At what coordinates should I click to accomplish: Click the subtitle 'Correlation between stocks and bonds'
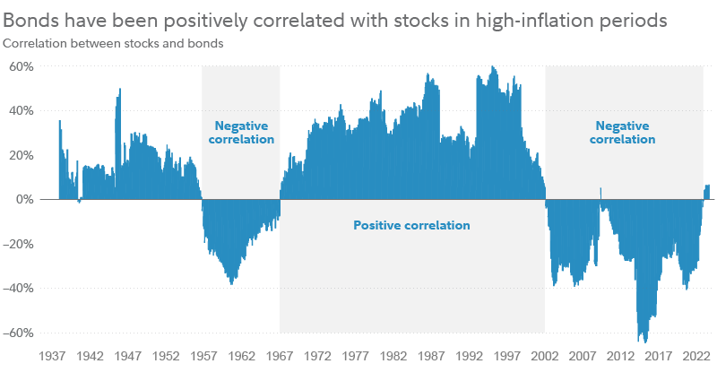point(113,43)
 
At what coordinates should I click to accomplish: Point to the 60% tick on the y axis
point(21,66)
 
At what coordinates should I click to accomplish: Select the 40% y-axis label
point(21,110)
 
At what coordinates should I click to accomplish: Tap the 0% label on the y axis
point(24,199)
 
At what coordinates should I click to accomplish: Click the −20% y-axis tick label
point(19,244)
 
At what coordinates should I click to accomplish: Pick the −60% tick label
point(19,333)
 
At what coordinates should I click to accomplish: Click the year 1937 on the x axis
point(52,356)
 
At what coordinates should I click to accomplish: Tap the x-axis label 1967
point(280,356)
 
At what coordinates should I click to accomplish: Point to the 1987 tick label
point(431,356)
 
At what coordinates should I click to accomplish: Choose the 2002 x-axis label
point(545,356)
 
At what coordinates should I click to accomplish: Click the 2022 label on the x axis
point(696,356)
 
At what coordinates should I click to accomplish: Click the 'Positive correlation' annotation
point(411,226)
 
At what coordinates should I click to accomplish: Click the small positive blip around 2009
point(600,190)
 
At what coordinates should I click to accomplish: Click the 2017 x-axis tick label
point(659,356)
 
